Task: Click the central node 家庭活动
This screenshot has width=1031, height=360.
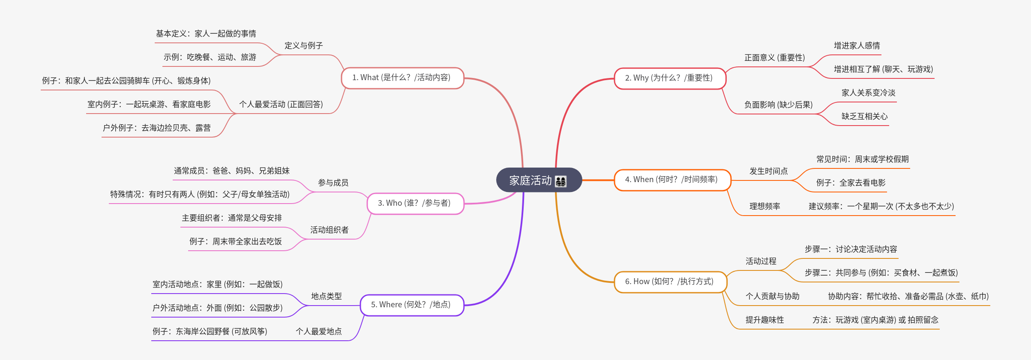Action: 530,180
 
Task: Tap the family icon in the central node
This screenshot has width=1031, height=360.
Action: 560,181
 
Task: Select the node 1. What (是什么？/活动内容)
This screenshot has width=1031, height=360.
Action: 402,78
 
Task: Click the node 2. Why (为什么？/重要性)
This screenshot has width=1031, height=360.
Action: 669,78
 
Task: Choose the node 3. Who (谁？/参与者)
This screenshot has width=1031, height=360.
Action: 414,203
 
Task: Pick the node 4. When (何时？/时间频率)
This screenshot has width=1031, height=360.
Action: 671,180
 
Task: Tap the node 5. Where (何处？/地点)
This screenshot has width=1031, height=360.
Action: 411,305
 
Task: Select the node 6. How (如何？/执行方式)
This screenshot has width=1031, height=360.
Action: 669,282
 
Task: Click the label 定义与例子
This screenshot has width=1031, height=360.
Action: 303,45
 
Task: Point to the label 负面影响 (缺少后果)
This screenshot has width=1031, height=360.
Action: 778,105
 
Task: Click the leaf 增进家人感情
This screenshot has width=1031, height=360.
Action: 857,45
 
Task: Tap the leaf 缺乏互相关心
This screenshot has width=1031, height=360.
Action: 864,116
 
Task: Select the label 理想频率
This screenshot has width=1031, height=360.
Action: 764,206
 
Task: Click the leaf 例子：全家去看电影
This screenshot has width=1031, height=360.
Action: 851,183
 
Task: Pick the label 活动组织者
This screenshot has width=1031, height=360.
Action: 329,230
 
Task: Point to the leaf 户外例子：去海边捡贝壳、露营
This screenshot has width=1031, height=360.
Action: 156,128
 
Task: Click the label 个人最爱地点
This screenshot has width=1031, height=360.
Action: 318,331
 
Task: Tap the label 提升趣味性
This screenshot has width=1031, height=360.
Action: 764,320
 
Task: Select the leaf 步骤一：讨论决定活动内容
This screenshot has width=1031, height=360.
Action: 851,249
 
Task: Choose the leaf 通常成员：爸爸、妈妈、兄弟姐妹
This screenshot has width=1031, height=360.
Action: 231,171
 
